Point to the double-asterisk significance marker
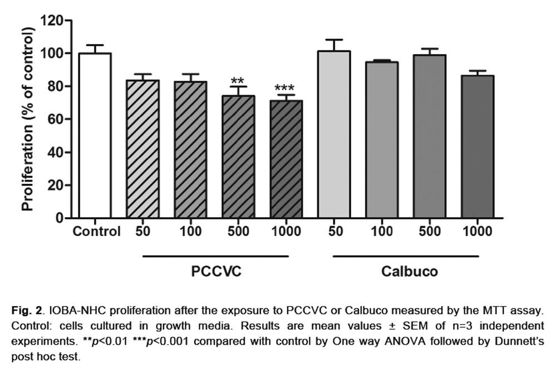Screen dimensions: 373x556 238,80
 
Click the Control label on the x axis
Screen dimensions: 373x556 96,232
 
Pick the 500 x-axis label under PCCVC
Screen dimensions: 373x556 238,232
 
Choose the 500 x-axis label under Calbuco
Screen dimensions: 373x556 430,232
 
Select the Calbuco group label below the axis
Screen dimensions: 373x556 410,272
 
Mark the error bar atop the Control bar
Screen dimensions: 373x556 95,48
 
